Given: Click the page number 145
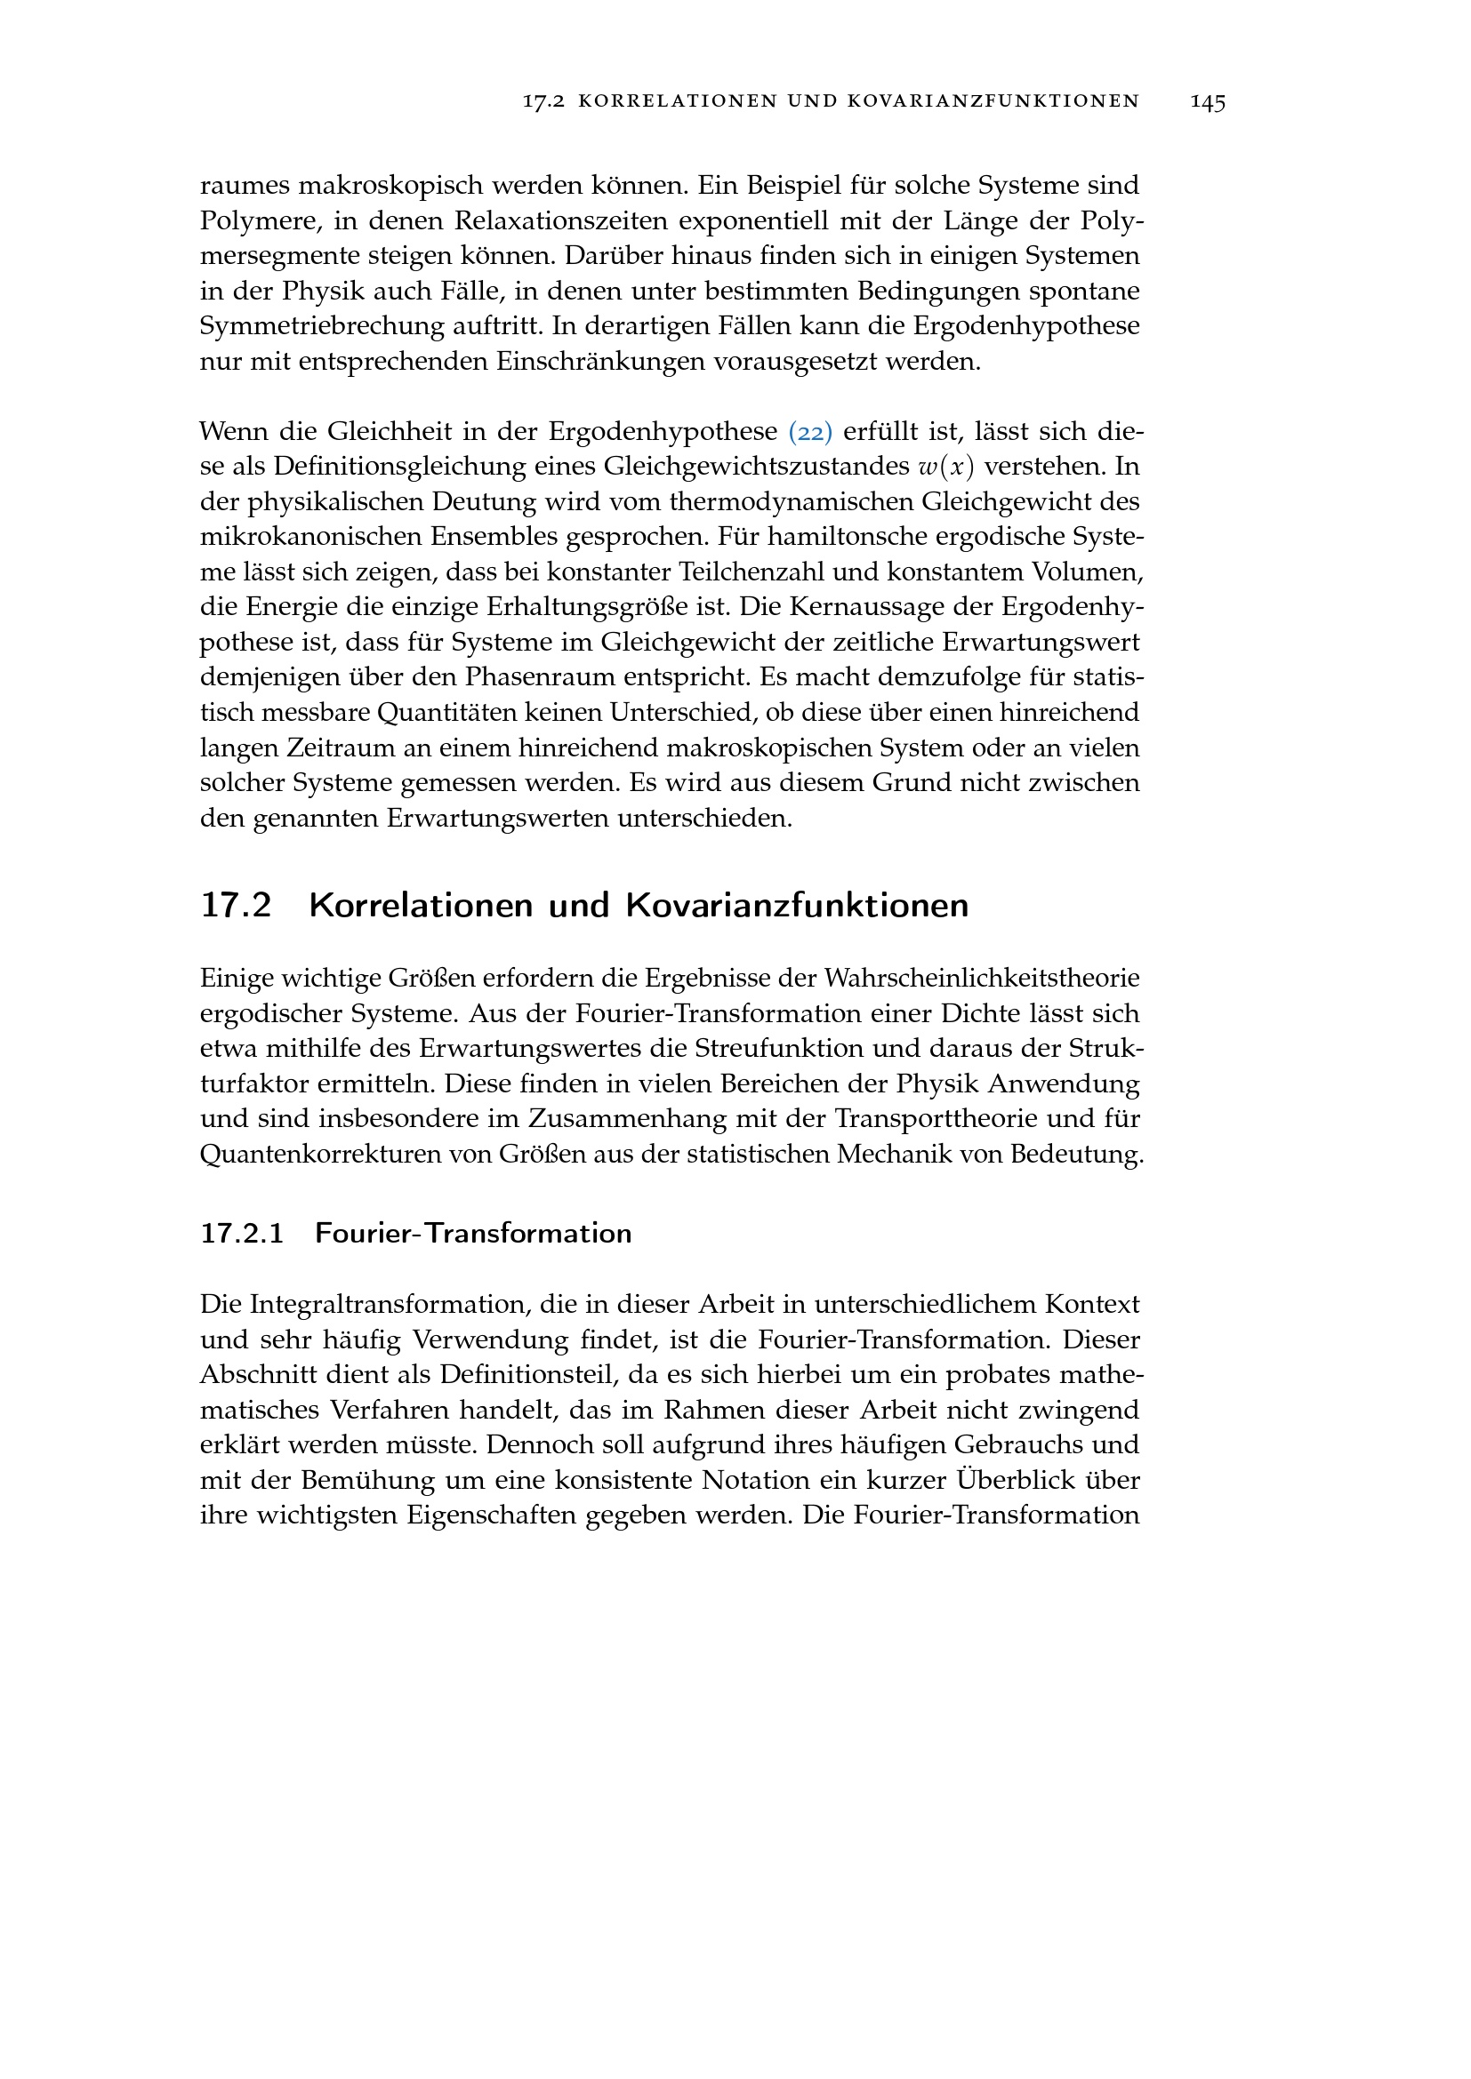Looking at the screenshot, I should pos(1208,102).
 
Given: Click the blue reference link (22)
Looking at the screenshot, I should pos(810,432).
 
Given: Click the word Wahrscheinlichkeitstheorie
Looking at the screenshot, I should pos(981,979).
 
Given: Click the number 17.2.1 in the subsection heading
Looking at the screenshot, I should pos(242,1234).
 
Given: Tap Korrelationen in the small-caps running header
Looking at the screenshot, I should pos(675,102).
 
